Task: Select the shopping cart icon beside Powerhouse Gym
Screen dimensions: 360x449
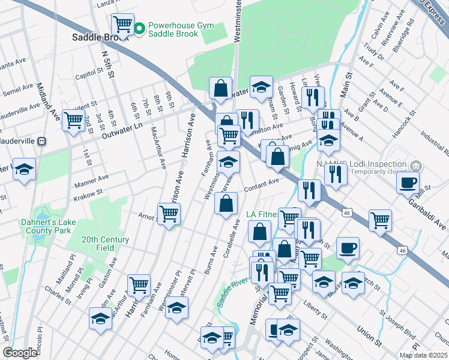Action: click(x=122, y=25)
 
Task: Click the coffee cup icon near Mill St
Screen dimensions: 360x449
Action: click(x=408, y=182)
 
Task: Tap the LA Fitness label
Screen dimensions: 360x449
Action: click(x=262, y=214)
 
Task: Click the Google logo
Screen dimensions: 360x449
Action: click(x=20, y=353)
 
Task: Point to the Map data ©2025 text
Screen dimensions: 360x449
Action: click(x=423, y=355)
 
